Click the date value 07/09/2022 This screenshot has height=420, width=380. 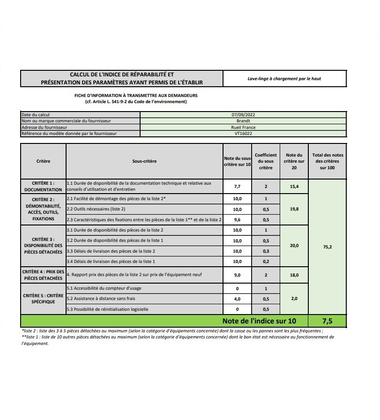pos(243,114)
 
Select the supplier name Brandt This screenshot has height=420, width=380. pos(243,120)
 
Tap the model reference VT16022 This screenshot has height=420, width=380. pos(243,134)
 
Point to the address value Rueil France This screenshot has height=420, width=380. pos(243,127)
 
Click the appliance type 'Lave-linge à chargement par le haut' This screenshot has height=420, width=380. pos(284,79)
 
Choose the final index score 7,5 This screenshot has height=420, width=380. pos(327,321)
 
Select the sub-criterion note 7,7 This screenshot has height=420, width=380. pos(237,187)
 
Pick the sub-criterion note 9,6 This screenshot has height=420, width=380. pos(237,219)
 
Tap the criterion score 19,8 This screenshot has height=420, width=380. pos(294,209)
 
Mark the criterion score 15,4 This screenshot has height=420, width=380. pos(294,187)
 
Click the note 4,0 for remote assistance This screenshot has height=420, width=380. pos(237,299)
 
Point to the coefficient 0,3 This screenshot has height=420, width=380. pos(266,251)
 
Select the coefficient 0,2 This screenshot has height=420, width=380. pos(266,262)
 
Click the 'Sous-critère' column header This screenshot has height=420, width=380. pos(144,161)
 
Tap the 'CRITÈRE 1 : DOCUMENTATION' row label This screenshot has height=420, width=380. pos(44,187)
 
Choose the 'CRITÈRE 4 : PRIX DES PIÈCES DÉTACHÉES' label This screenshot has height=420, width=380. pos(44,275)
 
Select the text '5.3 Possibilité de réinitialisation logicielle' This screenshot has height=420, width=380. pos(108,309)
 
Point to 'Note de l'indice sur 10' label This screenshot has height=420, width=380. pos(259,321)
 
